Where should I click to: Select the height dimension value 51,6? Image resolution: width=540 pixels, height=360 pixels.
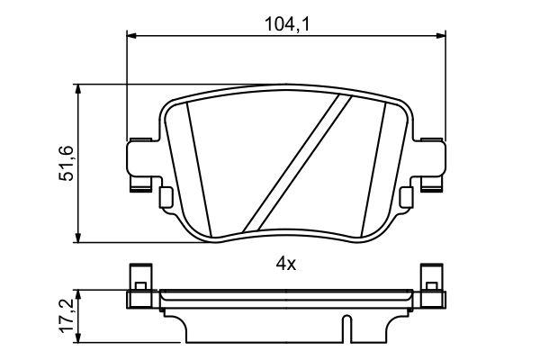tap(66, 163)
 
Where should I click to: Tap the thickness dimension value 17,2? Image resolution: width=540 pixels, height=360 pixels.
tap(66, 317)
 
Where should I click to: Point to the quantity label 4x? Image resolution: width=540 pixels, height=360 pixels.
tap(285, 264)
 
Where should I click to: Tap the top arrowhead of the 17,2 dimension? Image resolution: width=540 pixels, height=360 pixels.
tap(81, 294)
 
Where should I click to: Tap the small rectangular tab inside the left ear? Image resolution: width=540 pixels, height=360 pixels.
tap(165, 196)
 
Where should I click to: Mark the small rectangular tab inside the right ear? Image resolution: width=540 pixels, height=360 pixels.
tap(406, 196)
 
